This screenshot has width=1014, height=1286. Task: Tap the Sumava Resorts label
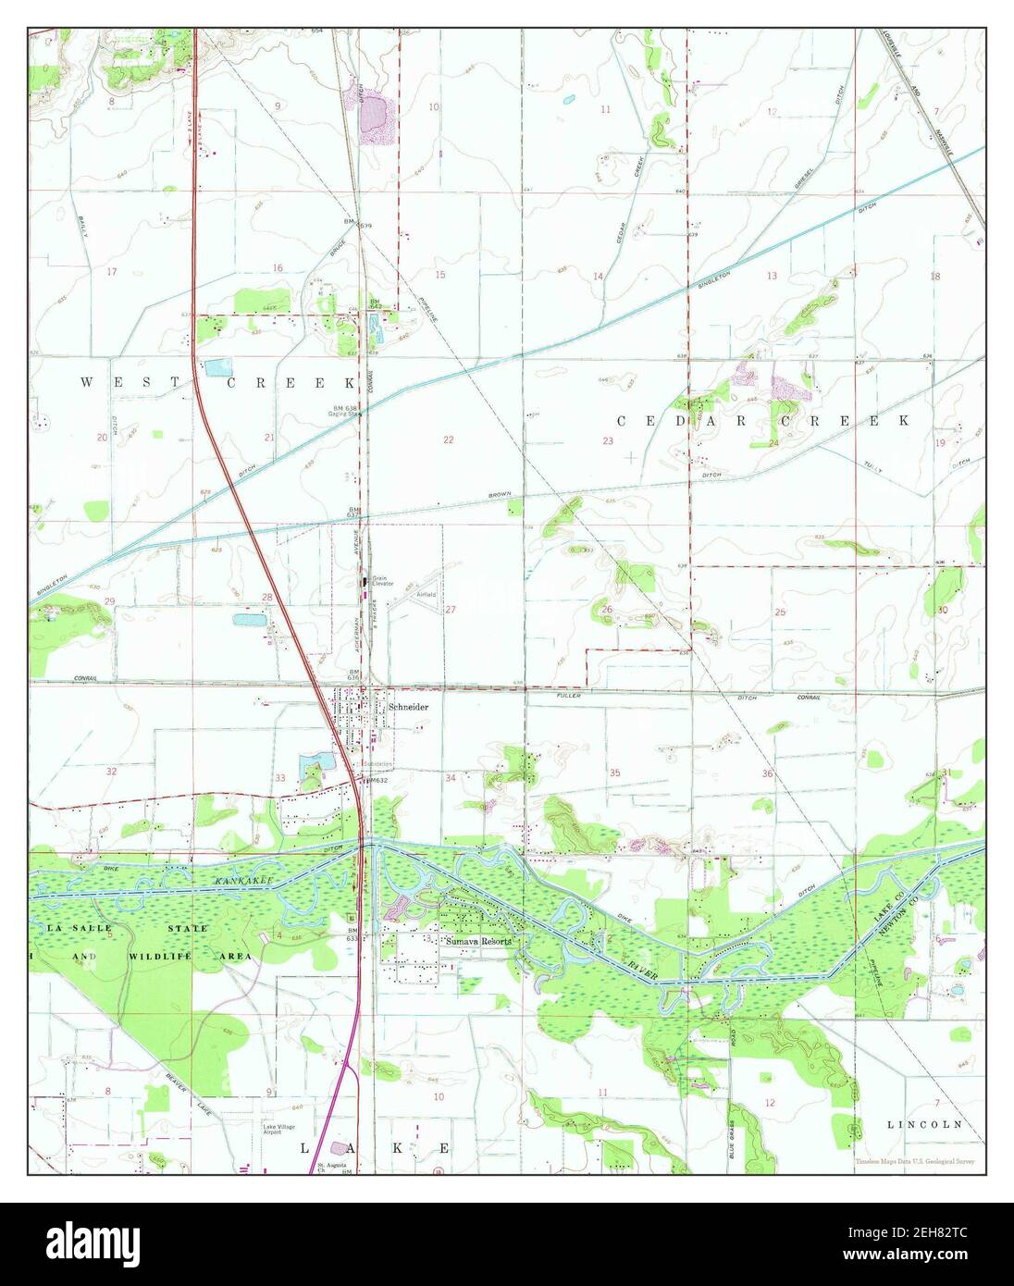[477, 941]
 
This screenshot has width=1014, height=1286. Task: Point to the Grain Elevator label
[382, 582]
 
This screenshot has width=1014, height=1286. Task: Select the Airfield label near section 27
[426, 594]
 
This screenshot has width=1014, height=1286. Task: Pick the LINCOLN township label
[924, 1124]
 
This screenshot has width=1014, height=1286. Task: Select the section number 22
[448, 439]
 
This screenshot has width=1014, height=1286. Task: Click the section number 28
[267, 598]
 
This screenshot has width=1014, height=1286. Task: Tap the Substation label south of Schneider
[377, 764]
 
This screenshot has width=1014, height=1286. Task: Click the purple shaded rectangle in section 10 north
[374, 117]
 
